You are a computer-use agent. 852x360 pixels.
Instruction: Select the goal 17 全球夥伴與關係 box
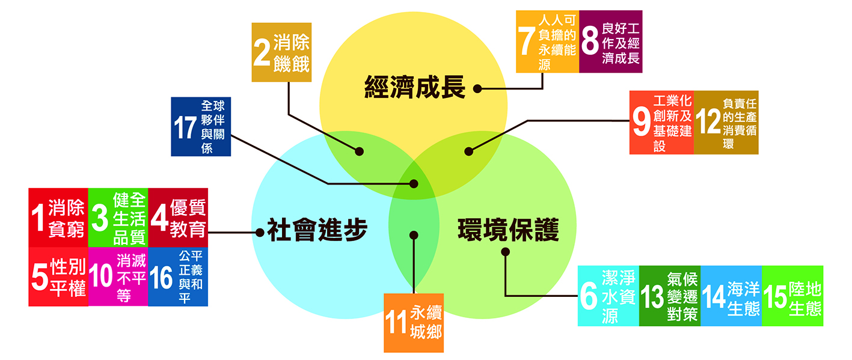coord(200,127)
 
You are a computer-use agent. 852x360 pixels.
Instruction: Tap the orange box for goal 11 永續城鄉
coord(414,323)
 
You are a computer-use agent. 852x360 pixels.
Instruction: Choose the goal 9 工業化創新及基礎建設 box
coord(661,123)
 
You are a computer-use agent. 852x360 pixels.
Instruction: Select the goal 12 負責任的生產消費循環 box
coord(726,123)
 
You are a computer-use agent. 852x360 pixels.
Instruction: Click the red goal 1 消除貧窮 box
coord(58,218)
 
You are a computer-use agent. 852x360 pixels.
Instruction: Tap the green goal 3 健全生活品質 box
coord(118,218)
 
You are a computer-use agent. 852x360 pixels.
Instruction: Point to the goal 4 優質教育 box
coord(177,218)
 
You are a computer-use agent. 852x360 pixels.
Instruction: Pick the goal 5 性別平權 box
coord(58,276)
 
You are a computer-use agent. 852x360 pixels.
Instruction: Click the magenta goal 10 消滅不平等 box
coord(118,276)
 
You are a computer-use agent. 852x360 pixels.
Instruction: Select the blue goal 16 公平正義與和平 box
coord(177,276)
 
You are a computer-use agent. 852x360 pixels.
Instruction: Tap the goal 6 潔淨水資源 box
coord(608,296)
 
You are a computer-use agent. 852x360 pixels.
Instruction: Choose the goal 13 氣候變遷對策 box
coord(669,296)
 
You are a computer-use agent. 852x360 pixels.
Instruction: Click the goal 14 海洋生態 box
coord(731,296)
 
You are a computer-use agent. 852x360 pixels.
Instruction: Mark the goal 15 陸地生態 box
coord(792,296)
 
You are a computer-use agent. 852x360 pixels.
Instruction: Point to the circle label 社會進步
coord(317,231)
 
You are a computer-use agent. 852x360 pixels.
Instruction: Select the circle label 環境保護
coord(508,231)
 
